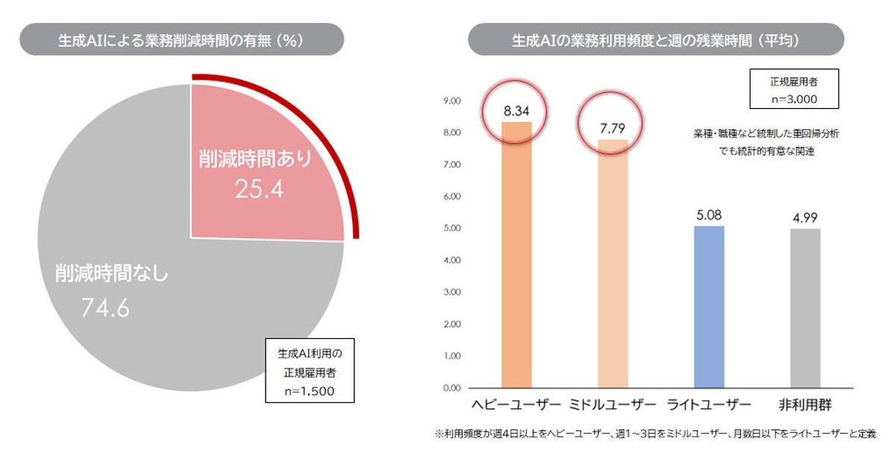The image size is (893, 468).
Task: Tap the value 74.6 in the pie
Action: click(x=105, y=307)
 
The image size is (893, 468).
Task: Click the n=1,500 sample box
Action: click(x=310, y=370)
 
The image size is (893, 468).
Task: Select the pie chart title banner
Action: click(x=181, y=39)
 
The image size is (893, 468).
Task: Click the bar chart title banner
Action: click(x=656, y=39)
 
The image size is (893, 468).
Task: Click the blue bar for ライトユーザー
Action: click(x=709, y=306)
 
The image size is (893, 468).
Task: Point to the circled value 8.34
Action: click(x=516, y=111)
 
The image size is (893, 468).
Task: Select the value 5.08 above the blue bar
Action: click(x=709, y=216)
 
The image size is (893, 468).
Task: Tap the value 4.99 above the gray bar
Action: click(x=804, y=219)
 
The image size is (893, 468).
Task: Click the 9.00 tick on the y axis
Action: click(x=452, y=101)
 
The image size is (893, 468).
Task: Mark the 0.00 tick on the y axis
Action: click(x=452, y=388)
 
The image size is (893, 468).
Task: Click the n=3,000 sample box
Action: click(x=794, y=89)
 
